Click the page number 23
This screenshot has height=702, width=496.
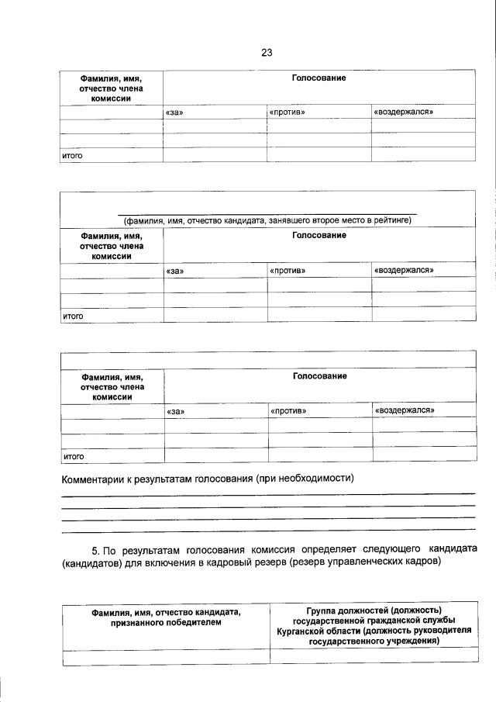[x=267, y=53]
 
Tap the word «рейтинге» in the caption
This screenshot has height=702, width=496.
[x=391, y=220]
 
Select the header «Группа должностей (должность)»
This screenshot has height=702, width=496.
[x=374, y=610]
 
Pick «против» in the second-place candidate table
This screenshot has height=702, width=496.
[x=287, y=271]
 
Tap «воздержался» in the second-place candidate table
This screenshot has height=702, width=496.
[x=403, y=271]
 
